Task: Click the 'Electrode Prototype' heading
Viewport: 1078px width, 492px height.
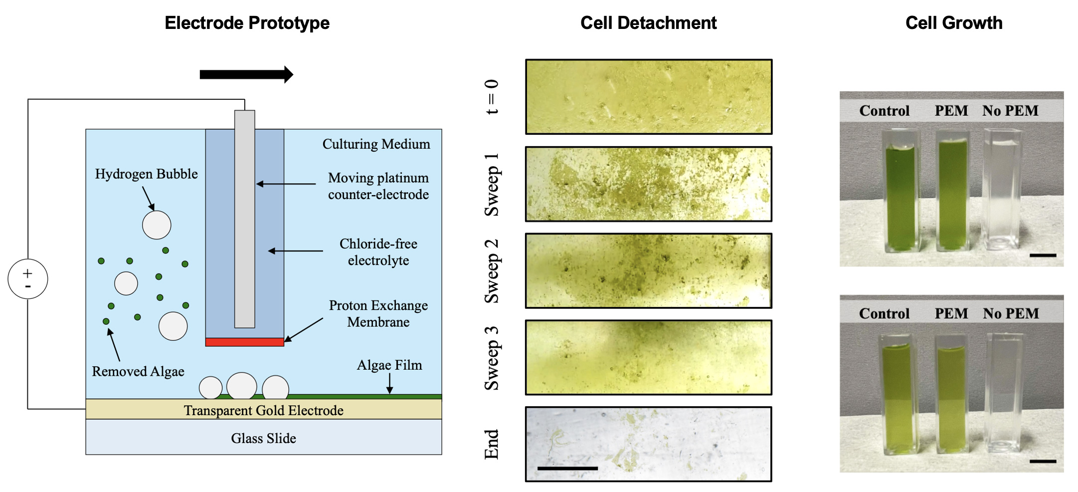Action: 247,23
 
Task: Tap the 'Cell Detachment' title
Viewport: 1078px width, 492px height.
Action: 648,23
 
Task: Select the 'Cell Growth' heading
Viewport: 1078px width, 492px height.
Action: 953,23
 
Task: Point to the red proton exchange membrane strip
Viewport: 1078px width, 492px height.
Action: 244,342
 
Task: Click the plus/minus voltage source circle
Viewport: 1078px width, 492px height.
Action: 28,279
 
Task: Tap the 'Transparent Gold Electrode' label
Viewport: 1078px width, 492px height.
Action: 263,410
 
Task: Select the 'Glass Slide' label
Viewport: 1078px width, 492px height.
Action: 263,438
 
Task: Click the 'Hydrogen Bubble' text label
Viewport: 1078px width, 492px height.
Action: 146,174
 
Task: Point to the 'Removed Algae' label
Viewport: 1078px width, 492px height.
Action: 138,371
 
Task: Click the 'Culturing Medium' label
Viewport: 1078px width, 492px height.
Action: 376,144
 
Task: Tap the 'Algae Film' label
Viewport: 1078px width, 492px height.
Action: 389,365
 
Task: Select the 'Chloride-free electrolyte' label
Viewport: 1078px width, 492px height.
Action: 378,252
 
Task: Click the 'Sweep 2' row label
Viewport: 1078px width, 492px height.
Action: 492,271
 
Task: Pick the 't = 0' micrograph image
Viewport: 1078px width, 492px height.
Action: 649,97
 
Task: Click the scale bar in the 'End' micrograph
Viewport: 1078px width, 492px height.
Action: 567,468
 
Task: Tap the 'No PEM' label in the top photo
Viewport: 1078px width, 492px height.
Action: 1010,111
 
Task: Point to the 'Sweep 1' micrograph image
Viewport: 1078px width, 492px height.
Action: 649,184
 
